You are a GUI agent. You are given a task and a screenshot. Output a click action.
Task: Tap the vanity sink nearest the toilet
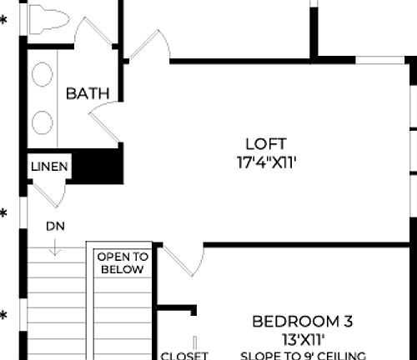(42, 77)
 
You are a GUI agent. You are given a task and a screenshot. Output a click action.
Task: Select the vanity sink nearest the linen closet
(42, 122)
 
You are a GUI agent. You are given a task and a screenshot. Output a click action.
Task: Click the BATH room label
(88, 93)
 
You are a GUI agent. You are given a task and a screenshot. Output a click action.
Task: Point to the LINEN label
(49, 167)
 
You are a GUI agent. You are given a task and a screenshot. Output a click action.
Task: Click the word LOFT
(266, 143)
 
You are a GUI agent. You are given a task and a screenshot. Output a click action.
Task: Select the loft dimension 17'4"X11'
(266, 162)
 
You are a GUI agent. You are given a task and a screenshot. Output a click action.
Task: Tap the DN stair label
(56, 226)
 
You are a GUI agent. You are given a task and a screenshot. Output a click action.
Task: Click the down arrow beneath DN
(56, 247)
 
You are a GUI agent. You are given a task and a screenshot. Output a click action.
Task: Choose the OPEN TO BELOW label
(122, 263)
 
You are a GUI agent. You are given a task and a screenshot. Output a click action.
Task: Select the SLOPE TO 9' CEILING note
(303, 356)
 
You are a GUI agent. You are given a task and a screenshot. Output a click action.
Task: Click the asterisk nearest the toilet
(3, 19)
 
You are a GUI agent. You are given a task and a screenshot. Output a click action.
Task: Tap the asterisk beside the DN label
(3, 214)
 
